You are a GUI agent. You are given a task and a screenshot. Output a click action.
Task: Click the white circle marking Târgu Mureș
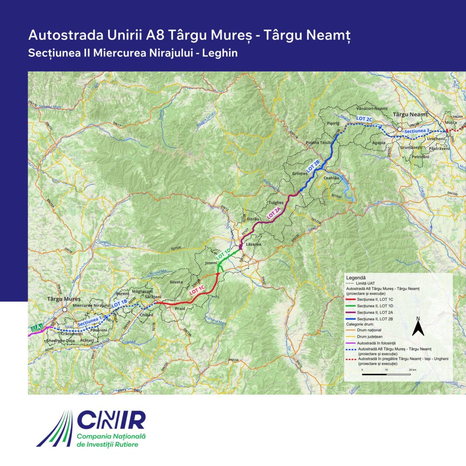click(65, 309)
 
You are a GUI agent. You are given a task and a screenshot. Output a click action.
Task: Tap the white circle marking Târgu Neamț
click(399, 130)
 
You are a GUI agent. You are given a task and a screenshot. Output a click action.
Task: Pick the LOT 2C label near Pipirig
click(364, 119)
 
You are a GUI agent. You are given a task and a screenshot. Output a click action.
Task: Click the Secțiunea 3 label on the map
click(418, 131)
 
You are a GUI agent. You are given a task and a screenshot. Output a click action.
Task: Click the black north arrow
click(418, 327)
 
